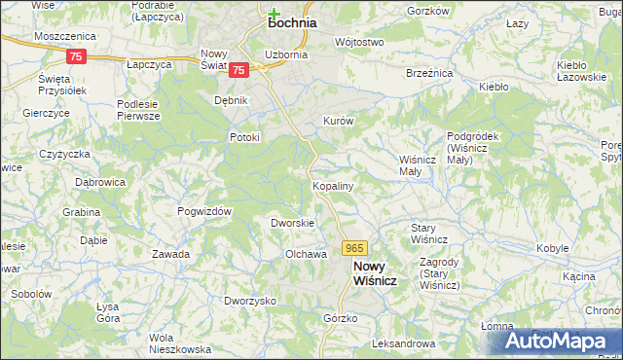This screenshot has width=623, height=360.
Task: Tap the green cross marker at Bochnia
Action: pos(275,13)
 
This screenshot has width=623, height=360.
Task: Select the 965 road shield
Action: pos(354,250)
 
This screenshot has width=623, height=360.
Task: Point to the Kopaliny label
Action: pos(332,185)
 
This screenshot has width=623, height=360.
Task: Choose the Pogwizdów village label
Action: pos(203,211)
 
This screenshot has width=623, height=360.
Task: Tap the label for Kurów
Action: pos(337,122)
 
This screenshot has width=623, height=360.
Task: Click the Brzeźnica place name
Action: pos(428,73)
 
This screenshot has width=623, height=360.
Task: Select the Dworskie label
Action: pos(291,223)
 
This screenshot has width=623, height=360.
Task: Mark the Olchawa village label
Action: pos(304,254)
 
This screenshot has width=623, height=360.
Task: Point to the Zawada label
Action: pos(170,254)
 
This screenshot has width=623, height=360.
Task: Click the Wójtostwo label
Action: pos(358,43)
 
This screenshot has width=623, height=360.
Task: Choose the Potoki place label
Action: pos(245,137)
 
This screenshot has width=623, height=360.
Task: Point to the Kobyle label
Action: pos(552,248)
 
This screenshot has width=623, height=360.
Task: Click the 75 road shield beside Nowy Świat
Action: pos(239,70)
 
